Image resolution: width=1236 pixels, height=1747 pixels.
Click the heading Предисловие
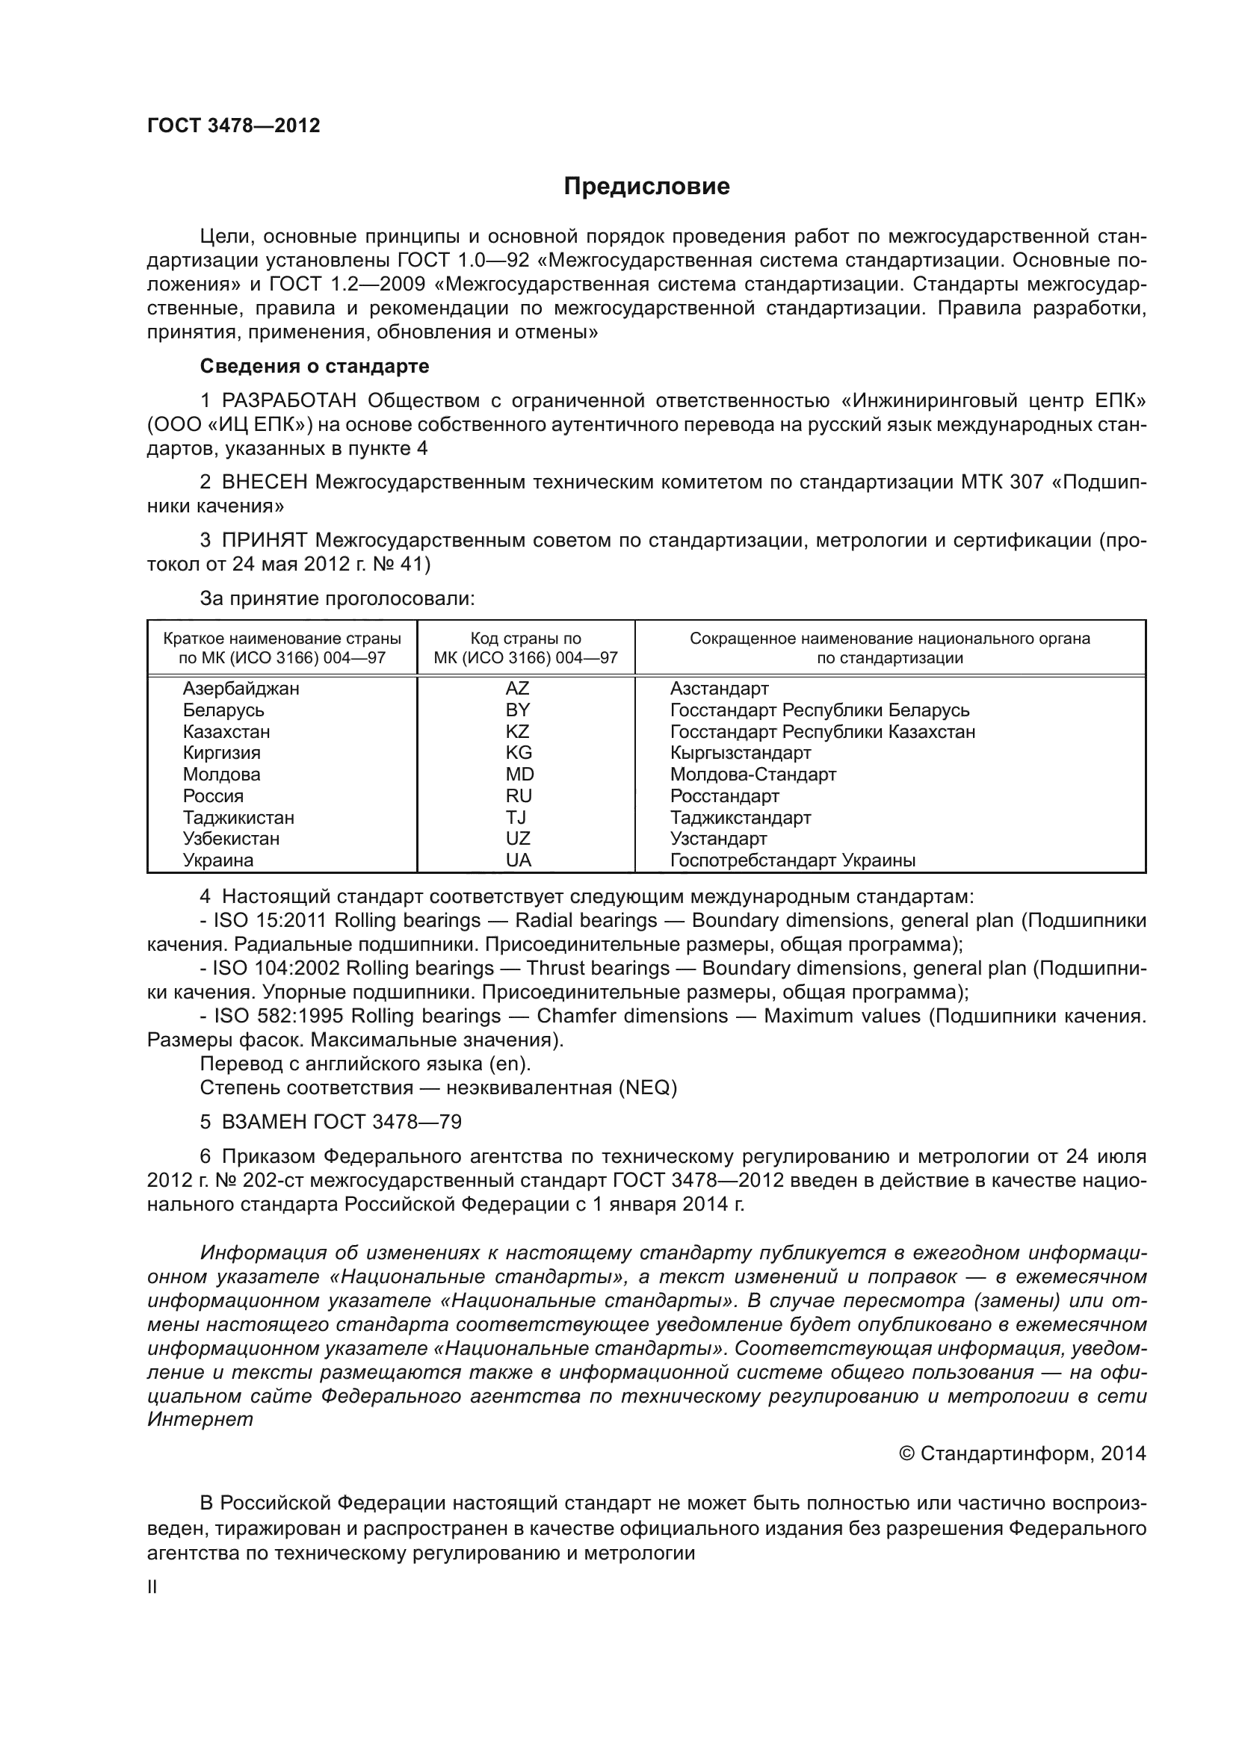[x=646, y=187]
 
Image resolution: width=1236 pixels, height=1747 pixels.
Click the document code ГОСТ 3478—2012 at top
[x=234, y=126]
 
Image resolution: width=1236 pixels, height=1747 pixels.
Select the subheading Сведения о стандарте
[x=315, y=366]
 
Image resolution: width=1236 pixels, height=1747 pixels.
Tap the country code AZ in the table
[x=518, y=689]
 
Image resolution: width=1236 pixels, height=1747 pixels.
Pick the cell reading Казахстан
[x=226, y=731]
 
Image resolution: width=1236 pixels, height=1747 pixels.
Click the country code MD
[x=520, y=774]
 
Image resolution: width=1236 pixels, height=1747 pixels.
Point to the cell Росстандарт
[x=725, y=796]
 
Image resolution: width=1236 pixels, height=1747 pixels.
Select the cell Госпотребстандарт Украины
[x=792, y=860]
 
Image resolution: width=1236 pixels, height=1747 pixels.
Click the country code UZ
[x=519, y=839]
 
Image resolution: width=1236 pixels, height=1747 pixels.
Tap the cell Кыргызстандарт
[x=741, y=753]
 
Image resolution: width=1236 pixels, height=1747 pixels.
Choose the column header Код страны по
[x=525, y=639]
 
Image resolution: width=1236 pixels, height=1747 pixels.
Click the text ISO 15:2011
[x=270, y=921]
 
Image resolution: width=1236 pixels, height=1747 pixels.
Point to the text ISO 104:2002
[x=276, y=968]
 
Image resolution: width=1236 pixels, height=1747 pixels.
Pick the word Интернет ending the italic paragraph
[x=200, y=1419]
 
